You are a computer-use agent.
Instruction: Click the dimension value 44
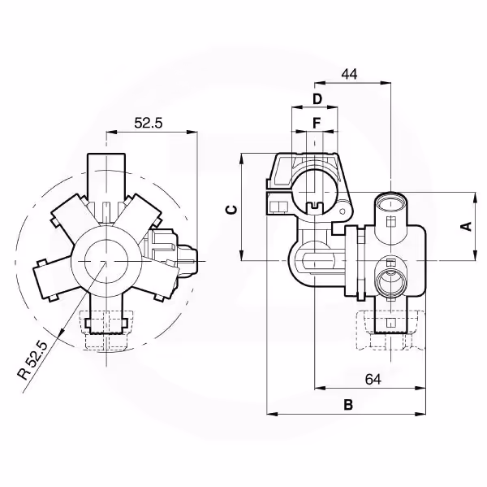pyautogui.click(x=349, y=74)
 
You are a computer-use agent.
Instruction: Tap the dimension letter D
pyautogui.click(x=317, y=99)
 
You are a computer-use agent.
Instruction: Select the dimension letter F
pyautogui.click(x=317, y=124)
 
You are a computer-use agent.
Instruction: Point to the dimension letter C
pyautogui.click(x=231, y=210)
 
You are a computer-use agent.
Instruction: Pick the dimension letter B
pyautogui.click(x=348, y=405)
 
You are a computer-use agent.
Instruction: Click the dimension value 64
pyautogui.click(x=373, y=379)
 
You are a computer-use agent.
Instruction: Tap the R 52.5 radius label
pyautogui.click(x=33, y=360)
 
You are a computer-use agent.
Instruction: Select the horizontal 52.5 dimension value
pyautogui.click(x=149, y=124)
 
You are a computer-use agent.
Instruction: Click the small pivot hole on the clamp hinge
pyautogui.click(x=343, y=211)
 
